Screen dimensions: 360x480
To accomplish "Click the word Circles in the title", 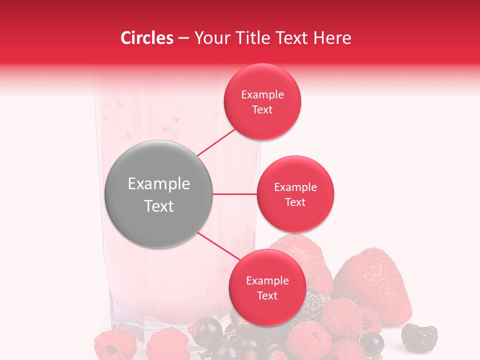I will [x=146, y=38].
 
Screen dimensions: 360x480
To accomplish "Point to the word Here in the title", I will [x=334, y=38].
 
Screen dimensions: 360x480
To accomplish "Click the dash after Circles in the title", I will [x=183, y=38].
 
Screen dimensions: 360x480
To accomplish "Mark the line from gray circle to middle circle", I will [x=235, y=194].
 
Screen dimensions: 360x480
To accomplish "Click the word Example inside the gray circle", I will [x=159, y=184].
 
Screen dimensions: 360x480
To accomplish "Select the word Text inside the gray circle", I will [x=159, y=206].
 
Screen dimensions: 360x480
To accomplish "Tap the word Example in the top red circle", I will [x=262, y=95].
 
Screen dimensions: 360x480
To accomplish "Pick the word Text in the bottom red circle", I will [x=267, y=295].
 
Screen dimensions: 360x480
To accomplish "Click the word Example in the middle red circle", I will [x=295, y=187].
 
